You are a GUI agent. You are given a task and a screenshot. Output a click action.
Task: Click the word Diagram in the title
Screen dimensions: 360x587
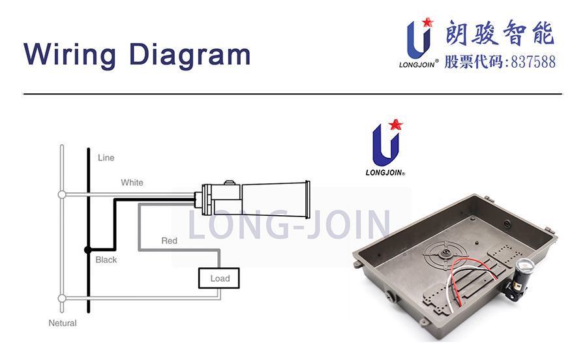tap(190, 54)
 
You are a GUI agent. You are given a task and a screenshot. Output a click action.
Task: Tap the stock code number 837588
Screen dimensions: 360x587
tap(533, 63)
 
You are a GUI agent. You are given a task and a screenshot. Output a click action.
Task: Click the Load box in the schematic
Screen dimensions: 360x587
tap(220, 278)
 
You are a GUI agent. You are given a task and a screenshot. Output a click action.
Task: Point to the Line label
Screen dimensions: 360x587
tap(106, 158)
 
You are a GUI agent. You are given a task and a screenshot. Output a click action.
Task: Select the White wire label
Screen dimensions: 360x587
tap(132, 183)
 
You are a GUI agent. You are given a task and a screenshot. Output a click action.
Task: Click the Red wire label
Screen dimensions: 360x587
tap(169, 241)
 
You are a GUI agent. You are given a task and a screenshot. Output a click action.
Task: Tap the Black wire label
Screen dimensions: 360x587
tap(106, 260)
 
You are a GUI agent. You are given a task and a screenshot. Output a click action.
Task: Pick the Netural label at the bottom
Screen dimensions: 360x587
tap(63, 323)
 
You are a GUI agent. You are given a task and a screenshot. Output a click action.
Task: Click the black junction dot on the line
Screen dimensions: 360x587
tap(88, 250)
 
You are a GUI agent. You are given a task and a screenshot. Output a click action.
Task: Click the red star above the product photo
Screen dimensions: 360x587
tap(395, 123)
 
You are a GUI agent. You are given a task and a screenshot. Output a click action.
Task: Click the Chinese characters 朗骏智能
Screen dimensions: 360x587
tap(500, 33)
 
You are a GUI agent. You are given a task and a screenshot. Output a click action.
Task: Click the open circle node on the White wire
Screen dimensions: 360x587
tap(62, 194)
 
